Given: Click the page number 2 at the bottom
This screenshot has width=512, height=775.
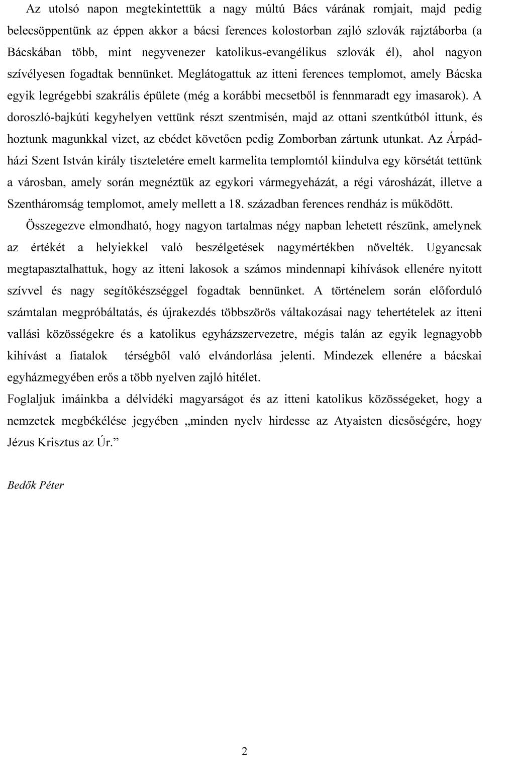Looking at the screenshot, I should pos(245,751).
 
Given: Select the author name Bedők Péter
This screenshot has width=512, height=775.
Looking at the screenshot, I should pos(36,485).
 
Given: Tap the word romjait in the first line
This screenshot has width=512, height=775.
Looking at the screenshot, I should pos(393,9).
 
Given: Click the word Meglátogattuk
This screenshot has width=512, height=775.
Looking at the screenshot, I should pos(215,74).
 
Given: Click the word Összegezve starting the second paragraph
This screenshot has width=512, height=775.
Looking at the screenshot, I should pos(56,226).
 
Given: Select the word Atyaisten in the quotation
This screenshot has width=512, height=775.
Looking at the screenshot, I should pos(359,421).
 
